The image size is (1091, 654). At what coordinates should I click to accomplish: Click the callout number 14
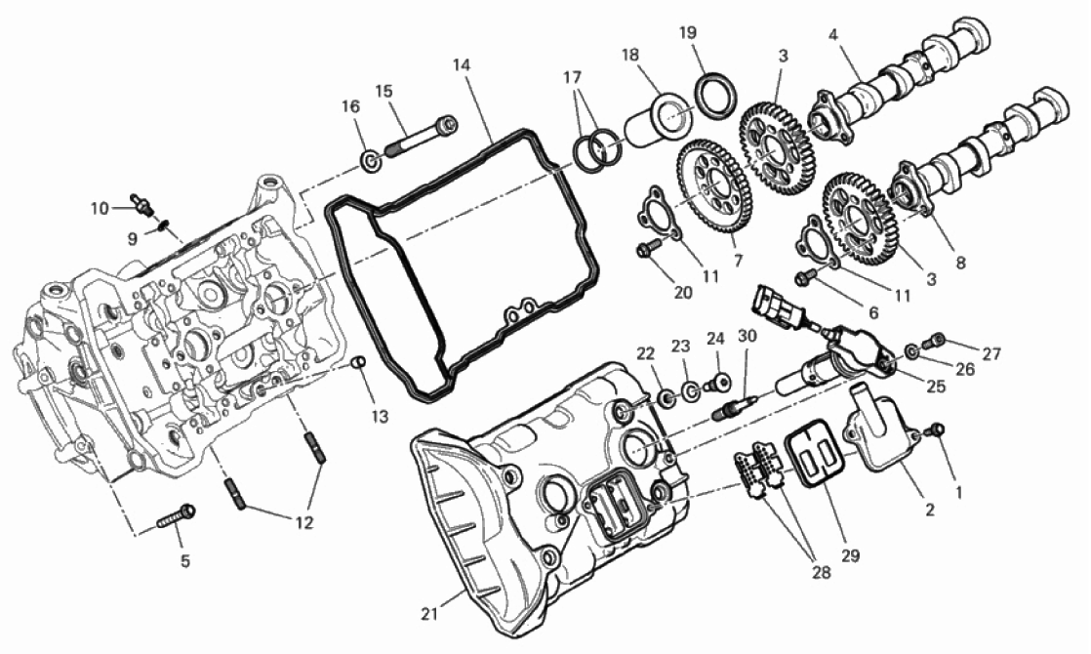(x=462, y=65)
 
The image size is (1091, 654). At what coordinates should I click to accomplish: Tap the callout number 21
(x=430, y=614)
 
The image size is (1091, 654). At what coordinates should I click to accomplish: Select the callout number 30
(x=747, y=336)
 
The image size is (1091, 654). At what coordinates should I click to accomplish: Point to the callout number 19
(x=687, y=33)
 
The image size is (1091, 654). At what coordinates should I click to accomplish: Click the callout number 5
(x=185, y=560)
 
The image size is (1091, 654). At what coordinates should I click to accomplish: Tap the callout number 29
(x=850, y=555)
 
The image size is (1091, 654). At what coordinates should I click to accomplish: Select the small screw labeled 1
(x=937, y=429)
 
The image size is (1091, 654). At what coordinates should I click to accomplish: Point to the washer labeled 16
(x=372, y=163)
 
